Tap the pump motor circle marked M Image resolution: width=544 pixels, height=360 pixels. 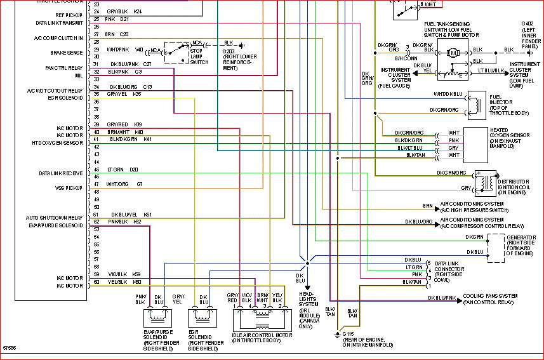pos(454,53)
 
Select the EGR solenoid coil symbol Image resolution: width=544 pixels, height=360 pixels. pos(203,314)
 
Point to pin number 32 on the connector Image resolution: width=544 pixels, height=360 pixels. pos(96,72)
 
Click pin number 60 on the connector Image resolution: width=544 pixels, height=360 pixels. pos(96,282)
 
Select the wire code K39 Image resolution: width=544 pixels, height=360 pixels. pos(138,124)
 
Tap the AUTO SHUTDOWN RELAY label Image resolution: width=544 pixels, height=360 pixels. pos(55,217)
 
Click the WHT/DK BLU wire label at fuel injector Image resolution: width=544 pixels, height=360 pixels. pos(448,95)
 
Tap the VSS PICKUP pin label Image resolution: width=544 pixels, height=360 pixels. pos(70,188)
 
